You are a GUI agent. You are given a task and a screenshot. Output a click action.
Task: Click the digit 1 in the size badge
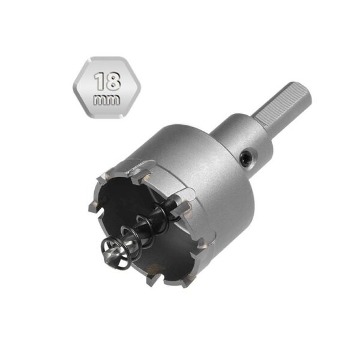coord(100,81)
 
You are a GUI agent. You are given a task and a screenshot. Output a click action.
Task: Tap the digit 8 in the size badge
coord(113,81)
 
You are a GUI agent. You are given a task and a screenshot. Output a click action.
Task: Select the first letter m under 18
coord(100,100)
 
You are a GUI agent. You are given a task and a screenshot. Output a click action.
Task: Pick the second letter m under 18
coord(113,100)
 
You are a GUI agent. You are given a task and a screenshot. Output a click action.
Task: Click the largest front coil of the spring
coord(115,253)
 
